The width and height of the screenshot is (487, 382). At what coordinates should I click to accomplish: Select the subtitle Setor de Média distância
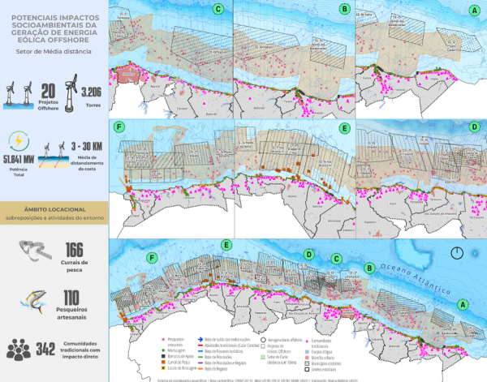54,51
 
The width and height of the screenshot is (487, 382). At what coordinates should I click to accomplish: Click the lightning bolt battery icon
17,139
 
